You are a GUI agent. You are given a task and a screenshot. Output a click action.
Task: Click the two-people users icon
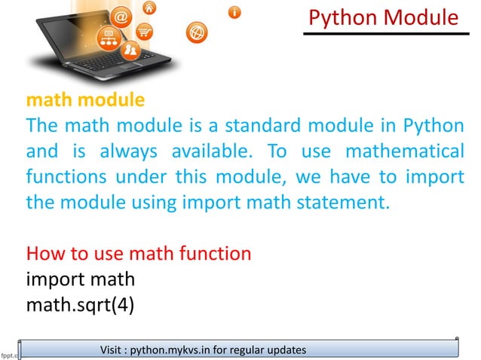(130, 50)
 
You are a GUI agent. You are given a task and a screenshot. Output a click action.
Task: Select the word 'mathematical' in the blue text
(404, 151)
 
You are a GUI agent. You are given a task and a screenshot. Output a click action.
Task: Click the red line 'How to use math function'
(139, 254)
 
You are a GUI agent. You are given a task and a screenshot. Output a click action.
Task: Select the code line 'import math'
(81, 279)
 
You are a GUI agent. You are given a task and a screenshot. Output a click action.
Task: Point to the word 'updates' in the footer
(287, 350)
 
